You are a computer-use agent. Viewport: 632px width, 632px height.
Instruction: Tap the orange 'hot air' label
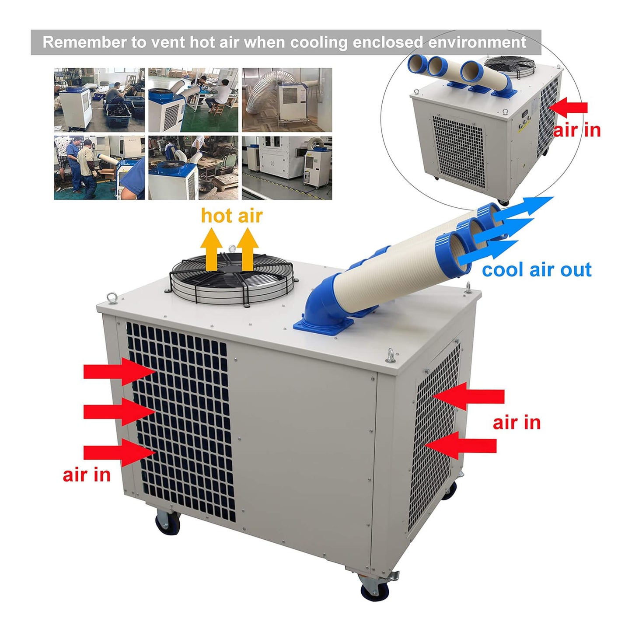(231, 216)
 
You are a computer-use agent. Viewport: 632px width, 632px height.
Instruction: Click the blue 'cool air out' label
(536, 270)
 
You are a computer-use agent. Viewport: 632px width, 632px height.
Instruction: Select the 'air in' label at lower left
(87, 475)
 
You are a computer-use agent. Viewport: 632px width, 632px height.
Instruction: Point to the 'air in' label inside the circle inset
(576, 130)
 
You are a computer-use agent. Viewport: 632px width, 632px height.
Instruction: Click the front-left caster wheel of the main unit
(168, 523)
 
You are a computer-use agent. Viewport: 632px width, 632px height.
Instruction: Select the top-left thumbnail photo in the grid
(99, 100)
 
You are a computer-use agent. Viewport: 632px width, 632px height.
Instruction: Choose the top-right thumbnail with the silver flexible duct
(287, 100)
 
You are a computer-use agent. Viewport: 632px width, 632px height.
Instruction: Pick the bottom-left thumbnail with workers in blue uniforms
(99, 168)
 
